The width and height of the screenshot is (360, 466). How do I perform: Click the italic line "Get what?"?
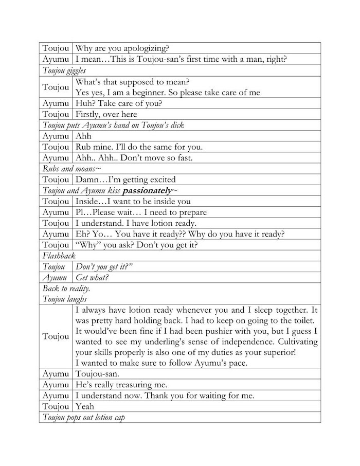tap(92, 278)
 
